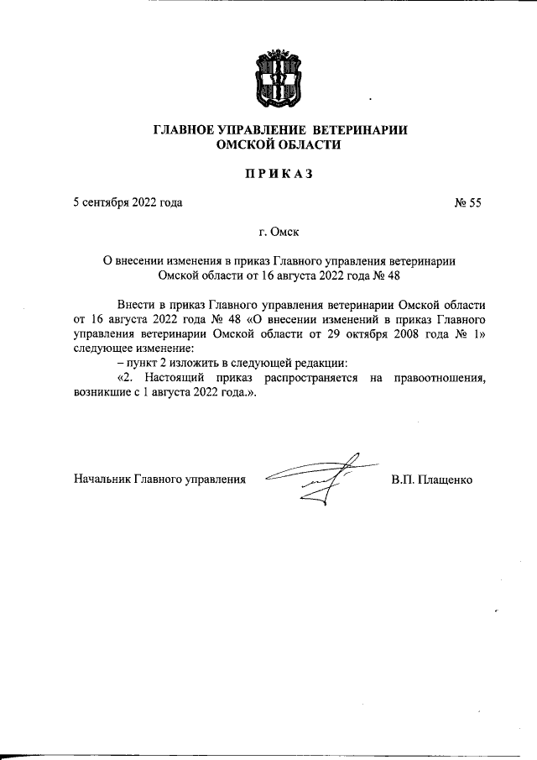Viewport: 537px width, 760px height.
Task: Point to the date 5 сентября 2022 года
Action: point(128,202)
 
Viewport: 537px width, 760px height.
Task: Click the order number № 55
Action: point(467,202)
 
